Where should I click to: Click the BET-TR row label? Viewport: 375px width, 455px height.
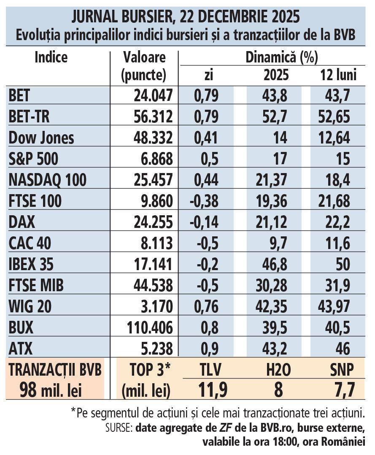tap(29, 117)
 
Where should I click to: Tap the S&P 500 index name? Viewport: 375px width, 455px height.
tap(34, 159)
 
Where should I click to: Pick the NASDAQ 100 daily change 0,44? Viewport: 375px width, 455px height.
tap(206, 180)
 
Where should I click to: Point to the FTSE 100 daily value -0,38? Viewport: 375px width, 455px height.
tap(204, 201)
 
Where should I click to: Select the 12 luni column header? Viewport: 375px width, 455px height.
tap(337, 75)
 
